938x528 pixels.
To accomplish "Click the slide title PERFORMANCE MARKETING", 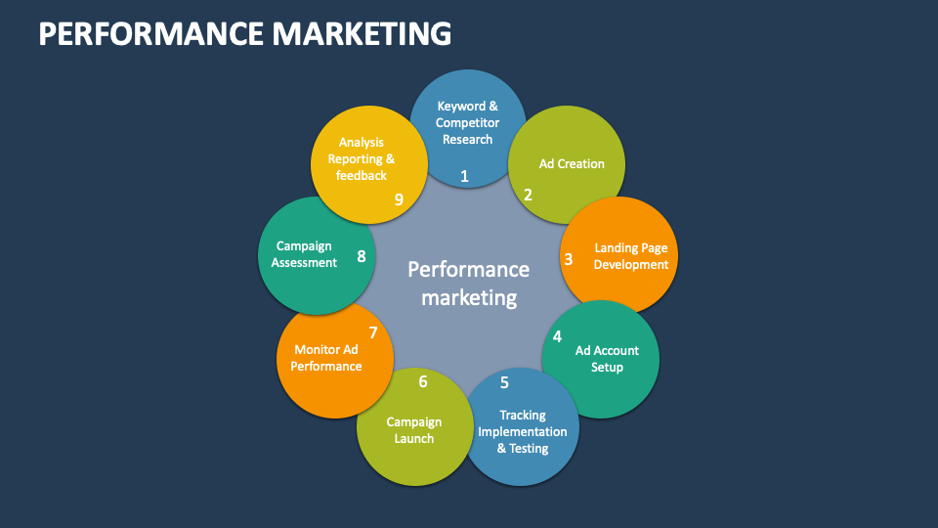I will click(x=244, y=34).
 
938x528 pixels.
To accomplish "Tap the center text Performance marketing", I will click(x=468, y=283).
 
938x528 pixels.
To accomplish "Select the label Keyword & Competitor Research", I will click(x=467, y=122).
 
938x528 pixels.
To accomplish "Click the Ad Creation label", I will click(x=572, y=163).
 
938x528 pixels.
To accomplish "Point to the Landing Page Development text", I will click(x=631, y=256).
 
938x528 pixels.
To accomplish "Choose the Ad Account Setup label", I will click(x=607, y=359).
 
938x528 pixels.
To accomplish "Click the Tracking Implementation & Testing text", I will click(x=523, y=431).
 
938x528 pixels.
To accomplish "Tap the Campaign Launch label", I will click(x=414, y=430).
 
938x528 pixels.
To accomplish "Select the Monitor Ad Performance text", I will click(x=326, y=358).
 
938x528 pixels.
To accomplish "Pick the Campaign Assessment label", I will click(x=305, y=254).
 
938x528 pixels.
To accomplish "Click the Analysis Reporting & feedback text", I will click(x=362, y=158).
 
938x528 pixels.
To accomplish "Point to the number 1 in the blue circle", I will click(x=464, y=176).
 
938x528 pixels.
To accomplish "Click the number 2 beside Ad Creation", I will click(x=528, y=195).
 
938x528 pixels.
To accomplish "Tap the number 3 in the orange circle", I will click(x=569, y=259).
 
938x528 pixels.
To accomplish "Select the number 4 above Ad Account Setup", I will click(x=557, y=336).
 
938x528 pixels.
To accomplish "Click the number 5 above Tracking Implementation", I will click(x=504, y=382).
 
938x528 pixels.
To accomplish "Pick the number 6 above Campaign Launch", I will click(x=423, y=381).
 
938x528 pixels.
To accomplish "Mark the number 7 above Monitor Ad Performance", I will click(x=372, y=332).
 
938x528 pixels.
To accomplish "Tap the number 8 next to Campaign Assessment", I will click(x=362, y=257).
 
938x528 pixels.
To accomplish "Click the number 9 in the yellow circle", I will click(x=399, y=199).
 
